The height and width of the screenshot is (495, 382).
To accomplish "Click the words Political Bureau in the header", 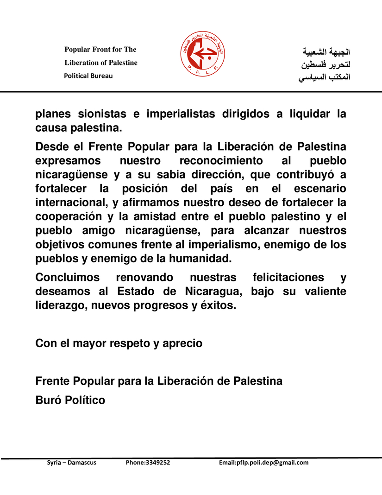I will click(88, 76).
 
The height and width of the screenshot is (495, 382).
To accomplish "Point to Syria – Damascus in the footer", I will click(72, 463).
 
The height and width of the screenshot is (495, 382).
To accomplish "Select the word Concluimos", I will click(68, 278).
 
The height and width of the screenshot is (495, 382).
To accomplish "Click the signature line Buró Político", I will click(70, 400).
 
